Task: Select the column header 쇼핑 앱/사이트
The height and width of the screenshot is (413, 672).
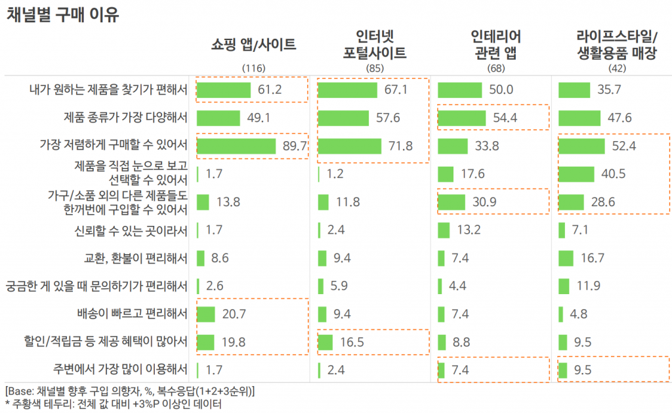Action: click(x=253, y=45)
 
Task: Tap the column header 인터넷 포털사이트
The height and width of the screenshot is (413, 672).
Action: click(x=374, y=44)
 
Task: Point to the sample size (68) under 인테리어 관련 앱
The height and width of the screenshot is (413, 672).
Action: click(x=495, y=68)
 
